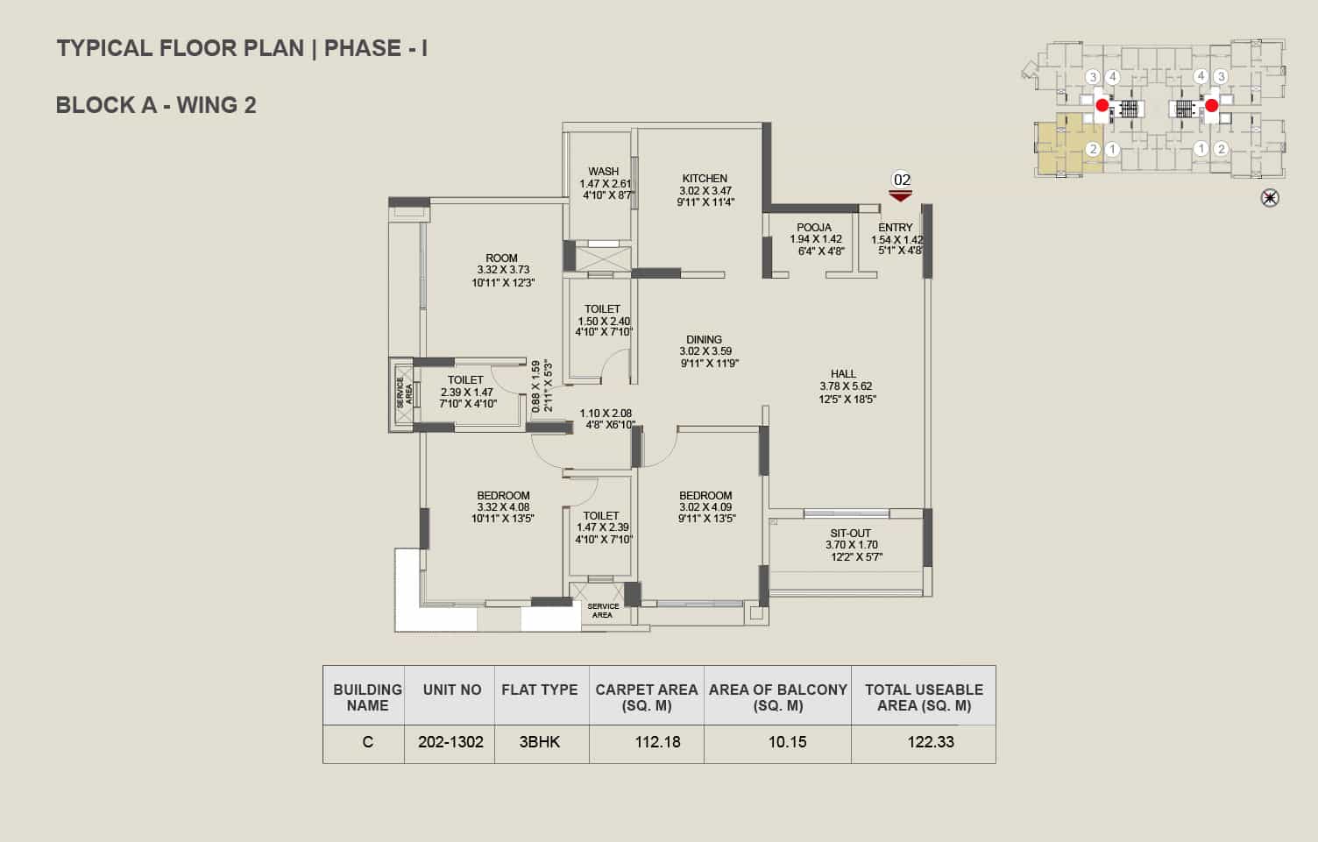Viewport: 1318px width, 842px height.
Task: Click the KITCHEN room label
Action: (705, 178)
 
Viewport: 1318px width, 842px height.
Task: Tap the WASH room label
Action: (604, 171)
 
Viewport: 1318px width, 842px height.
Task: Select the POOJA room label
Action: (814, 227)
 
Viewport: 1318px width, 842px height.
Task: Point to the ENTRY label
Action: (896, 227)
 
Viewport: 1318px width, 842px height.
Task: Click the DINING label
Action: (704, 339)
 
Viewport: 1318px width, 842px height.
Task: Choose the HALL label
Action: (843, 373)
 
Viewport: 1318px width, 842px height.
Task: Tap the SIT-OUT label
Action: (850, 533)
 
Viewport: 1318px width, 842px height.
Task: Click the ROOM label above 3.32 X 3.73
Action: (501, 258)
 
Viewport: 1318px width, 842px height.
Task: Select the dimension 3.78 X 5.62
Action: (847, 386)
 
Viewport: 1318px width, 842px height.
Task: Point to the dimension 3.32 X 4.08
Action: (503, 507)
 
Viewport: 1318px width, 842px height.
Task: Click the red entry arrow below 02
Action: (900, 196)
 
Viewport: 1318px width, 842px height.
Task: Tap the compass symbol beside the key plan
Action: (1270, 198)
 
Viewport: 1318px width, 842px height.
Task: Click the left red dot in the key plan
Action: (1102, 105)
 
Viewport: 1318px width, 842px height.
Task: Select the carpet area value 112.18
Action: (657, 742)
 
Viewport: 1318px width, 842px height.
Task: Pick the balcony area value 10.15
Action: (787, 742)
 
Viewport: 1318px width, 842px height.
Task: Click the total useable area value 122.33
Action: (931, 742)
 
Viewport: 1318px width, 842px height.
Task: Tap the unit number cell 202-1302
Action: (450, 742)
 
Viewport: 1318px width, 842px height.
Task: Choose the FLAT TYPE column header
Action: (540, 690)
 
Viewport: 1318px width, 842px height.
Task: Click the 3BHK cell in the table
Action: (540, 742)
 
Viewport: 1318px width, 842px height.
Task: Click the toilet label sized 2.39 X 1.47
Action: (465, 380)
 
